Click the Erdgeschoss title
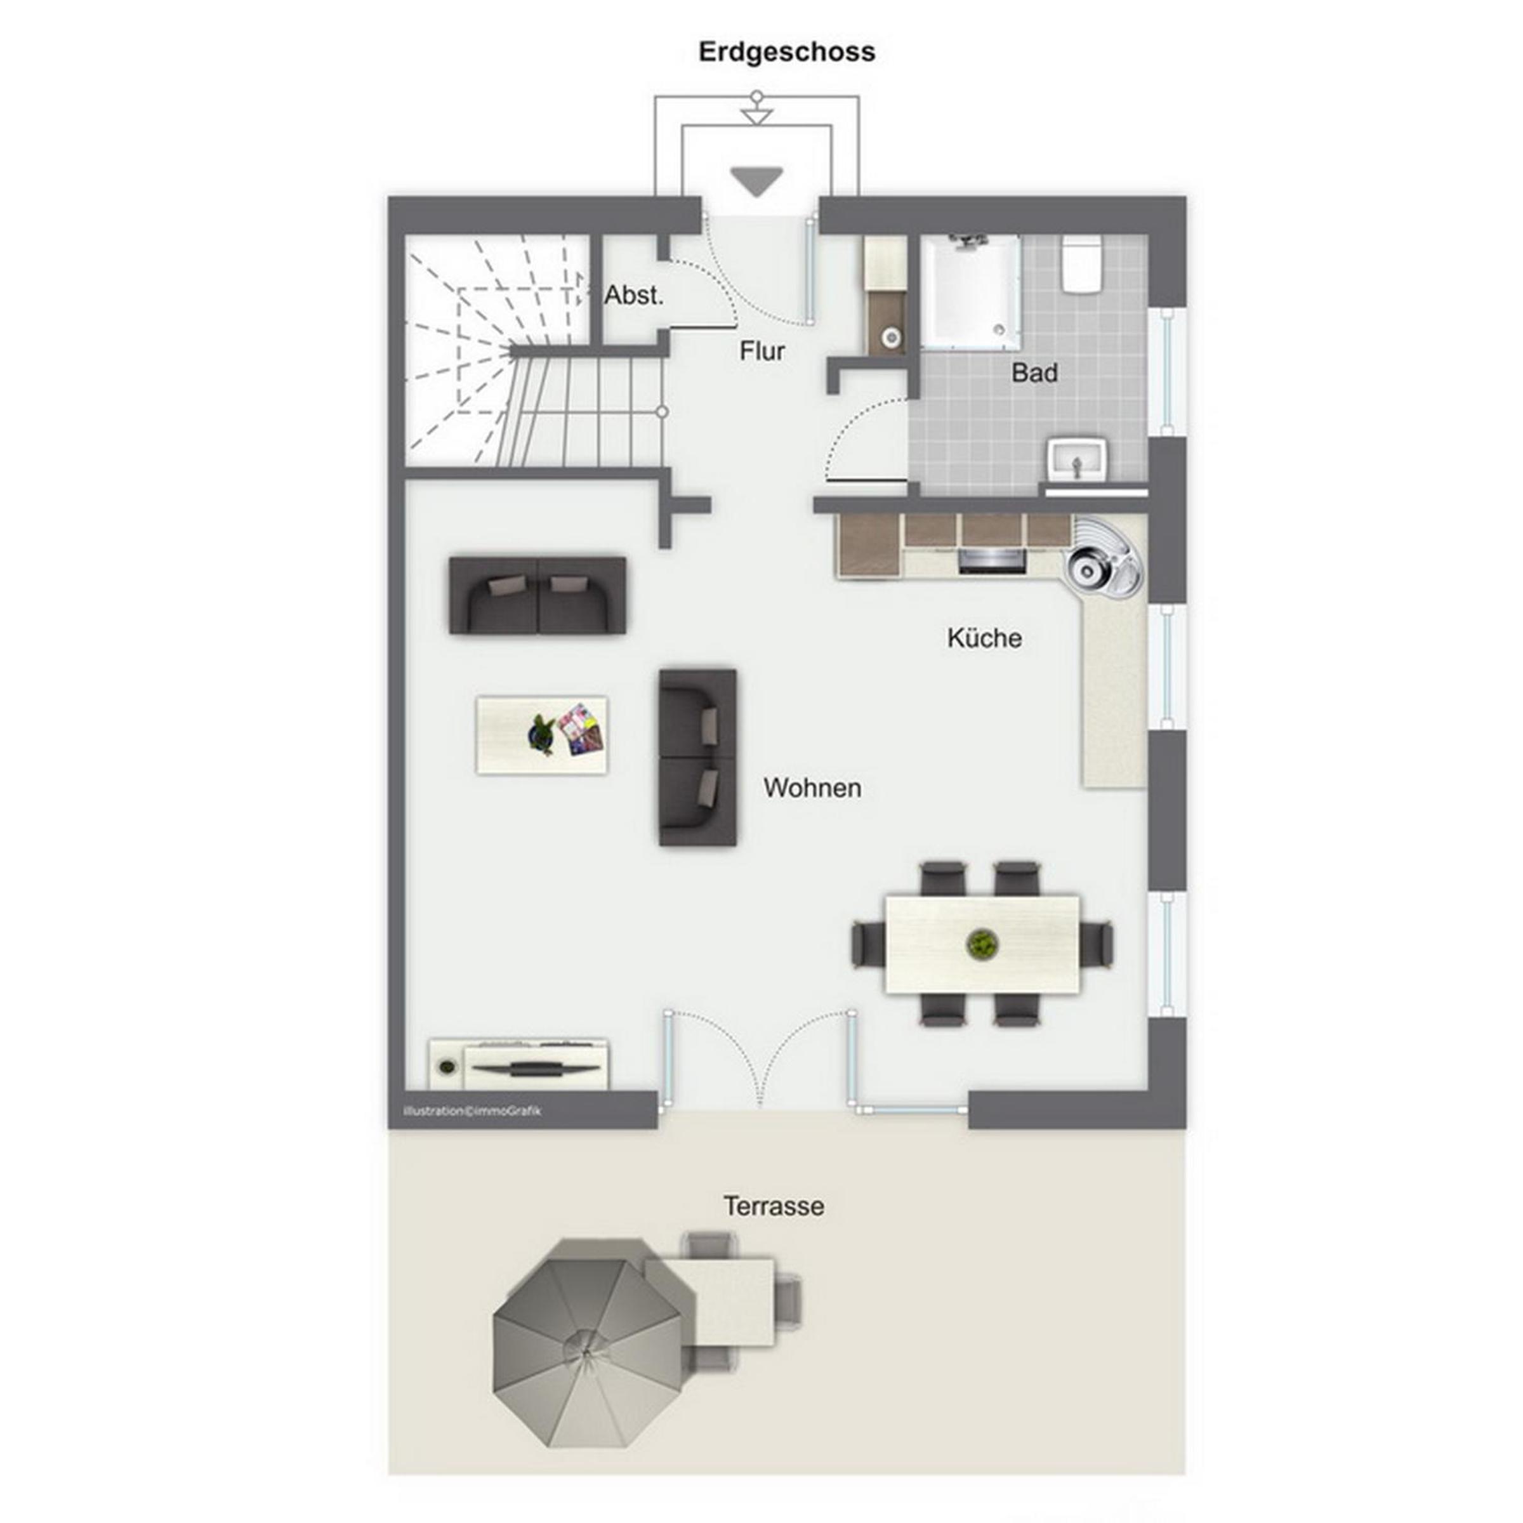tap(787, 53)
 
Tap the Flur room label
tap(762, 351)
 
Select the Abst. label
tap(634, 296)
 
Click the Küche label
tap(985, 638)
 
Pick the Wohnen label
tap(812, 788)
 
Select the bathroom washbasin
tap(1078, 459)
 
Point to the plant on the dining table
tap(982, 943)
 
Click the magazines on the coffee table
tap(582, 729)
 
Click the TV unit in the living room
tap(518, 1064)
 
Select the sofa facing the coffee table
tap(697, 758)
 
